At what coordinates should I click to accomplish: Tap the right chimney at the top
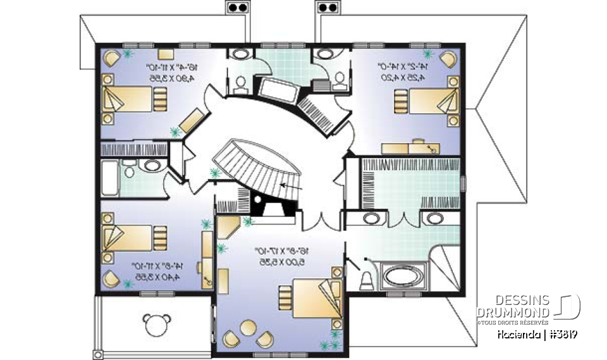click(x=327, y=8)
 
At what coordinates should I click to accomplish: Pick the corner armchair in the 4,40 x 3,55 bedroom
click(x=112, y=278)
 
